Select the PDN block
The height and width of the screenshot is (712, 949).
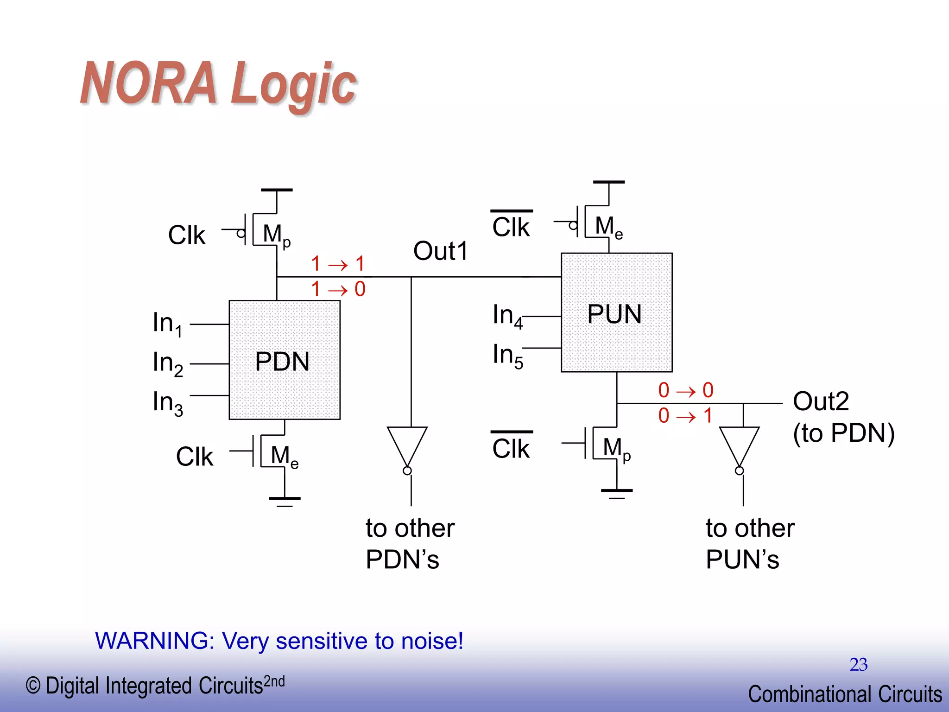(284, 360)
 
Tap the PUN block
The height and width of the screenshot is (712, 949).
(616, 312)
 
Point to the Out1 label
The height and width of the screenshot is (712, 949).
(440, 251)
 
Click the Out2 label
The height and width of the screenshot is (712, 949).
(821, 401)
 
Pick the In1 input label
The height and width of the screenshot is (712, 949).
(167, 323)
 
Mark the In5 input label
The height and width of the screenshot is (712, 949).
(508, 356)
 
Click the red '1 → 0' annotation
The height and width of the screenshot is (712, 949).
(338, 289)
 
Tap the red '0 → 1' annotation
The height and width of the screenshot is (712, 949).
(685, 416)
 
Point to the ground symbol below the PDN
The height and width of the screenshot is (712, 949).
(285, 500)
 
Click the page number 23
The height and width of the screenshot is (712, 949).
(858, 665)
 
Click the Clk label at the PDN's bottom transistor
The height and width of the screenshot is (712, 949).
(195, 457)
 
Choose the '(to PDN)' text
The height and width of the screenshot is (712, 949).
(843, 433)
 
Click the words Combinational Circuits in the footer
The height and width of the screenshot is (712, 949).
(844, 694)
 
